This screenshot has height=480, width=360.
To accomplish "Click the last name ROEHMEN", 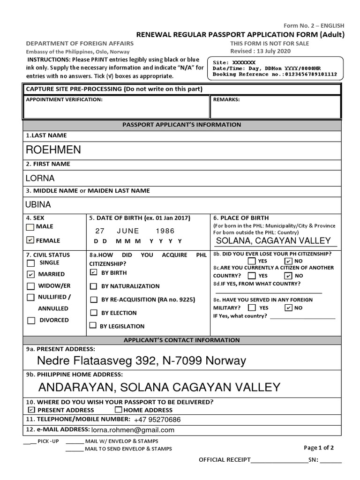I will coord(53,150).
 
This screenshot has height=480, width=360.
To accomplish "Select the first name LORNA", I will coord(40,178).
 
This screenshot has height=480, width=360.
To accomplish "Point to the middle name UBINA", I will coord(38,204).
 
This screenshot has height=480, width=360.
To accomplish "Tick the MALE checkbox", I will coord(30,227).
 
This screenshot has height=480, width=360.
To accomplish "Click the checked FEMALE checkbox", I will coord(30,240).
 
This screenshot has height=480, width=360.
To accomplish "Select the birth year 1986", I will coord(165,231).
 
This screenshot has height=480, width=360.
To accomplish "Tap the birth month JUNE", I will coord(128,231).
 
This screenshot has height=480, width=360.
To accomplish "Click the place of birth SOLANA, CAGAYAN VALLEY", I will coord(273,240).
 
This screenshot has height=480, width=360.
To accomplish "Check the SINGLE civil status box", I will coord(31,263).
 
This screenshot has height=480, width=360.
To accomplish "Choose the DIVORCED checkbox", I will coord(31,321).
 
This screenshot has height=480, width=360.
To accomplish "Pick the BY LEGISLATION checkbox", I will coord(93,325).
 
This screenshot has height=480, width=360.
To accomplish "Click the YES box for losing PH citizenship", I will coord(252,261).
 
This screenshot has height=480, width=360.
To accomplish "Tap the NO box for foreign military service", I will coord(288,308).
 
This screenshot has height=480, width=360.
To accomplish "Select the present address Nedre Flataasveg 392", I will coord(141,361).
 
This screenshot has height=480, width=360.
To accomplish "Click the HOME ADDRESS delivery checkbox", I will coord(118,410).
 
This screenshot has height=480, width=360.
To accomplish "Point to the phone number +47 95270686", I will coord(157,420).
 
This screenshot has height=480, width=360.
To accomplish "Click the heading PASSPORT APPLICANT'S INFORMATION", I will coord(182,125).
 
